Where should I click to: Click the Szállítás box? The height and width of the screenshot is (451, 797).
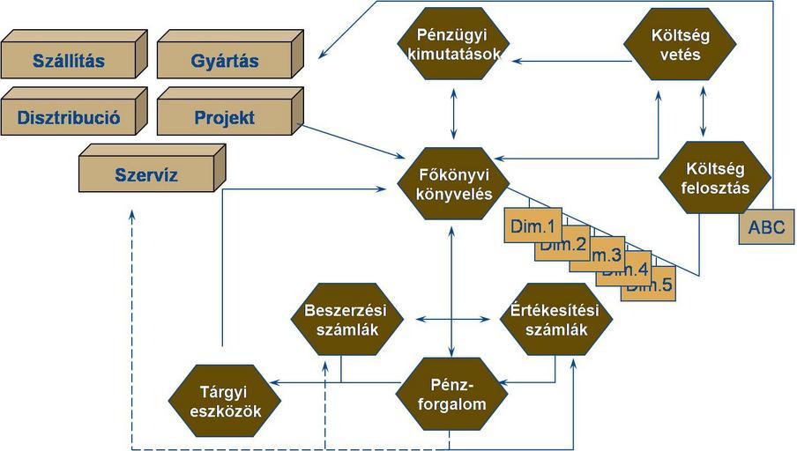68,62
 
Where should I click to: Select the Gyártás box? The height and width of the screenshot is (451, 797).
224,62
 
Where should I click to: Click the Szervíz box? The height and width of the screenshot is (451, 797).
146,174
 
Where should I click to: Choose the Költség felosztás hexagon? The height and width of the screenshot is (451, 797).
704,176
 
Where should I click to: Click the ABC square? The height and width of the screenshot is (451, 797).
766,226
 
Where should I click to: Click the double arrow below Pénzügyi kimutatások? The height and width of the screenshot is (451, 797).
453,112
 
